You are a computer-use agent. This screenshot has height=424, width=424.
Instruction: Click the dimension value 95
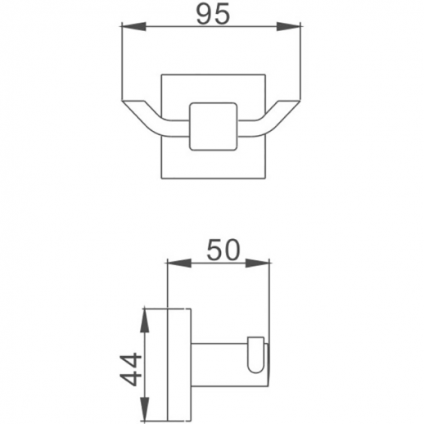[212, 15]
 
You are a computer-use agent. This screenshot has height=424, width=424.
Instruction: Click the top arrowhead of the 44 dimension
[144, 316]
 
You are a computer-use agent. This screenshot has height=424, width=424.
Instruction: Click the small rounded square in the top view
[213, 127]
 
